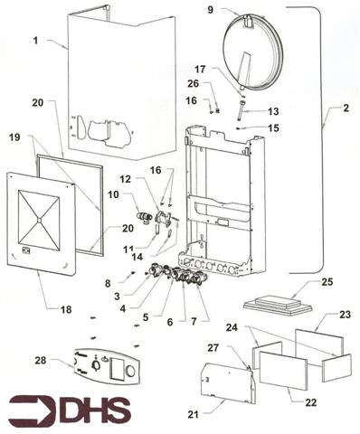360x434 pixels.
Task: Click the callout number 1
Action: coord(36,42)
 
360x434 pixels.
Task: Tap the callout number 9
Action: coord(210,10)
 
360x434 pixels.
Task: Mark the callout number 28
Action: coord(40,361)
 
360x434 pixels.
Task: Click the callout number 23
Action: coord(345,315)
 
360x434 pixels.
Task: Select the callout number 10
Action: coord(115,194)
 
